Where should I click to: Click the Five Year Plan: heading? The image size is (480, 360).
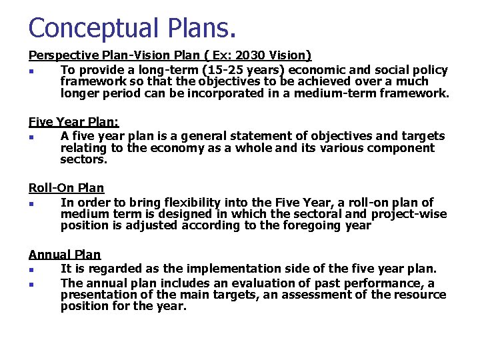coord(73,122)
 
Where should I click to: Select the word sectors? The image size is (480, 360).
coord(83,159)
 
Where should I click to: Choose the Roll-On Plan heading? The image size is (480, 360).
coord(66,188)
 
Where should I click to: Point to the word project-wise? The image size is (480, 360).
coord(409,213)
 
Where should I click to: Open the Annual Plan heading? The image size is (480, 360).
coord(64,254)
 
